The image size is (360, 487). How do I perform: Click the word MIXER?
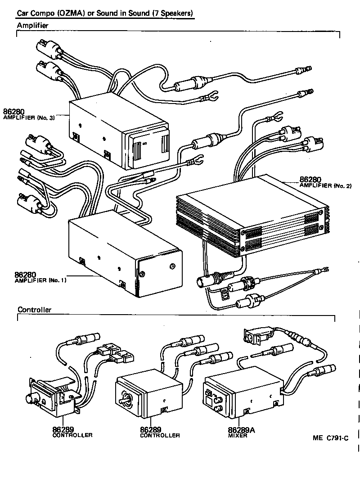(238, 435)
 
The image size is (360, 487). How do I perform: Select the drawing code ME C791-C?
(331, 437)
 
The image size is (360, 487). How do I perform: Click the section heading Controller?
(34, 310)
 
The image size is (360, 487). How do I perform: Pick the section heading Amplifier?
(32, 26)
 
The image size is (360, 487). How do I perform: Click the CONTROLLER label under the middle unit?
(160, 435)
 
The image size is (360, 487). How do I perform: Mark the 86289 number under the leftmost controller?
(63, 429)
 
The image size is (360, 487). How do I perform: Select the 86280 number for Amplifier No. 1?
(25, 274)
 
